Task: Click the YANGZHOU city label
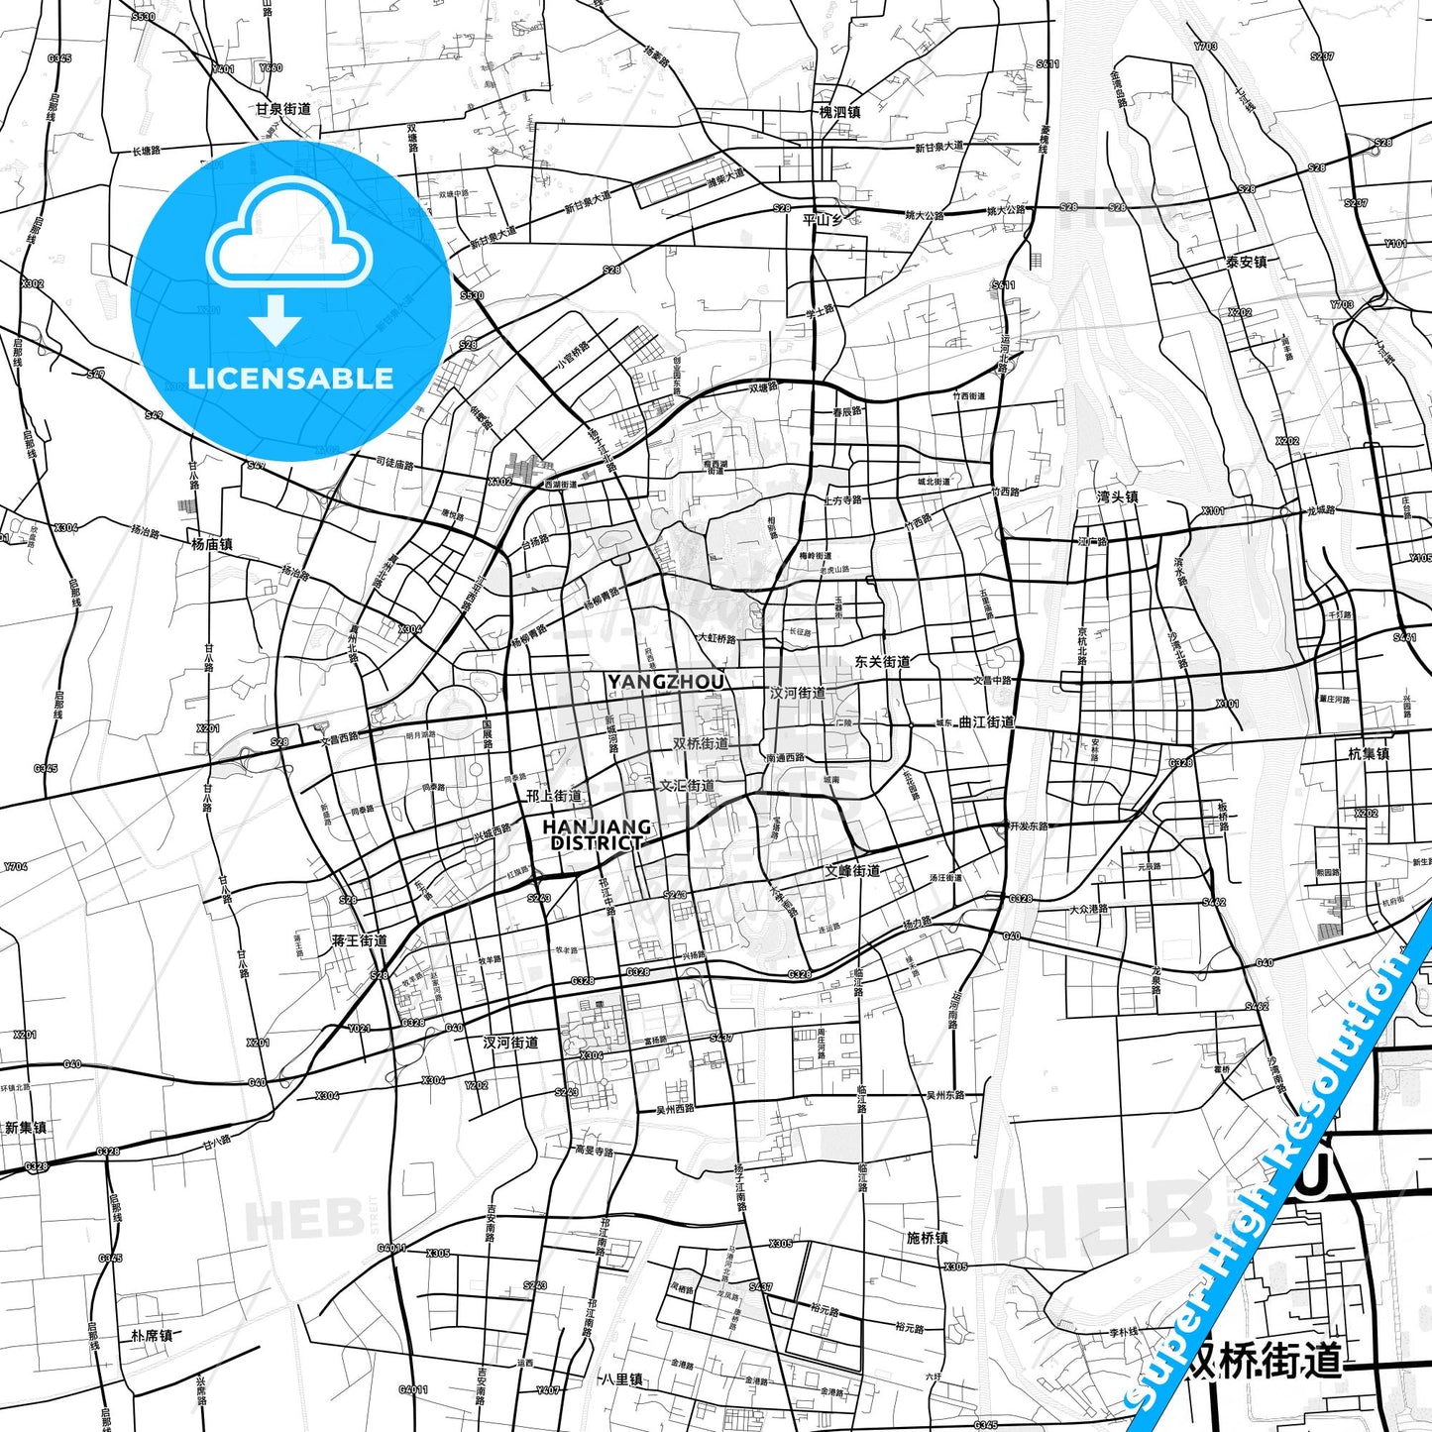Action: [x=665, y=682]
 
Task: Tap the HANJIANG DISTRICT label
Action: [x=597, y=834]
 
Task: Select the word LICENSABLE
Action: [x=290, y=378]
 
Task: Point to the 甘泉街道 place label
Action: [x=283, y=109]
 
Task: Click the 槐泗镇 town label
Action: [x=839, y=112]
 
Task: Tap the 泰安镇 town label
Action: [x=1246, y=263]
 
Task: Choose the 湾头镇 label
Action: [x=1117, y=496]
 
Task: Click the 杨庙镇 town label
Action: [x=212, y=544]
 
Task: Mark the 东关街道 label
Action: [x=882, y=661]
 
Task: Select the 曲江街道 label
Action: [x=986, y=722]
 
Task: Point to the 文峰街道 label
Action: [x=852, y=871]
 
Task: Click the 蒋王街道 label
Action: [x=360, y=940]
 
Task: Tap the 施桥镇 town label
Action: [x=928, y=1238]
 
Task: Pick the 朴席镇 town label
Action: [x=152, y=1336]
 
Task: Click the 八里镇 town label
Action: [x=622, y=1378]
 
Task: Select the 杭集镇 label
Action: [x=1369, y=753]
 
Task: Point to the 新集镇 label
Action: [x=26, y=1128]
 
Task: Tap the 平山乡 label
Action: [x=823, y=220]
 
